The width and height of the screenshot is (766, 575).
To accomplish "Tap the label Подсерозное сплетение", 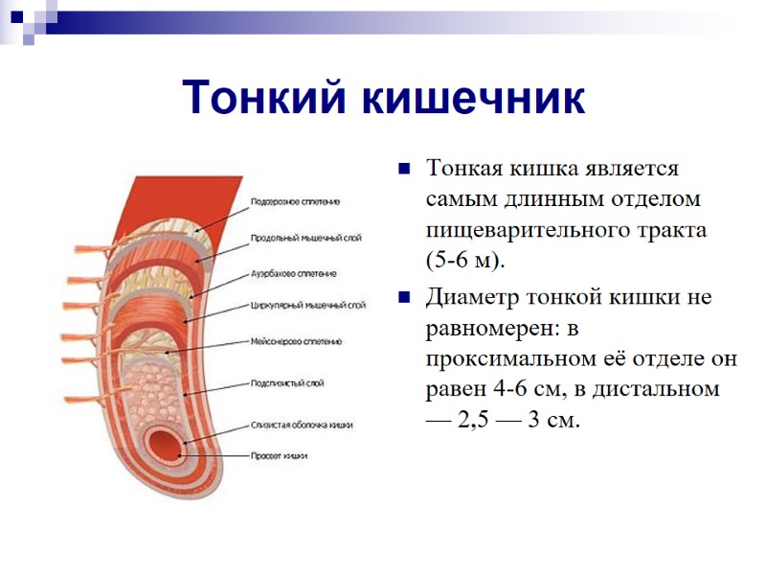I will [x=295, y=202].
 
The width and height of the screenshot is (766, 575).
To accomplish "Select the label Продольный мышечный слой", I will [x=305, y=237].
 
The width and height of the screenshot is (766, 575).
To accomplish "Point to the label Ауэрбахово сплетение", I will [x=293, y=273].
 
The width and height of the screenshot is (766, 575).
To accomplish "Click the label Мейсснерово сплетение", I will [x=296, y=341].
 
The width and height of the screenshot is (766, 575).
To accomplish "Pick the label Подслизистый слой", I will [x=286, y=383].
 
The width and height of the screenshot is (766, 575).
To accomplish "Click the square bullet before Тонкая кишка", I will [x=404, y=171].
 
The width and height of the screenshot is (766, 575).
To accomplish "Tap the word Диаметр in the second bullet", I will [x=474, y=296].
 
